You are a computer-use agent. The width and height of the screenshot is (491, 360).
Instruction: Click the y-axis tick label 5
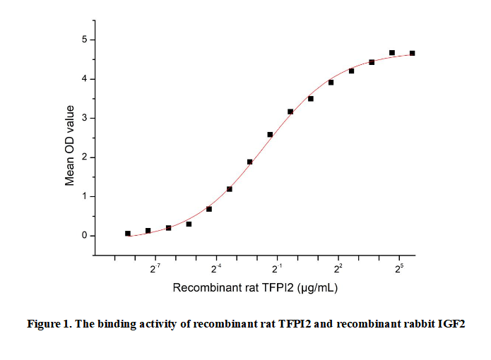tap(83, 40)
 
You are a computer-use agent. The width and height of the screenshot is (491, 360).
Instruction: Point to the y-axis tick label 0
tap(83, 236)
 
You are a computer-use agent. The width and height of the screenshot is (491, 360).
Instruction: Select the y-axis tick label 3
tap(83, 118)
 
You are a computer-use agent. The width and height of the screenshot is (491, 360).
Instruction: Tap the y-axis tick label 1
tap(83, 196)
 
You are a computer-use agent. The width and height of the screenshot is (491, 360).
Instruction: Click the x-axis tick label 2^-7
tap(155, 268)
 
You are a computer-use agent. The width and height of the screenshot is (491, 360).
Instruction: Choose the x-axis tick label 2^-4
tap(216, 268)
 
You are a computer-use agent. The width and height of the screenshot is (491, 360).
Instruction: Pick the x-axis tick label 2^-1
tap(278, 268)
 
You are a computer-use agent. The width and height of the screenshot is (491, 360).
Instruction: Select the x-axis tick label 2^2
tap(338, 268)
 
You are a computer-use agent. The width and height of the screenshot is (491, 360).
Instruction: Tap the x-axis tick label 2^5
tap(400, 268)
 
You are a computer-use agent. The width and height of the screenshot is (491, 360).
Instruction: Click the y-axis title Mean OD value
tap(70, 145)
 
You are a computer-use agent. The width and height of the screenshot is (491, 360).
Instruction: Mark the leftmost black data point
tap(128, 233)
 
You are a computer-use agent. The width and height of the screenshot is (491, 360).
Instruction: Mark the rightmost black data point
tap(412, 53)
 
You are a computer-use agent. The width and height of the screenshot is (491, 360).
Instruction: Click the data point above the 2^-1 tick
tap(270, 134)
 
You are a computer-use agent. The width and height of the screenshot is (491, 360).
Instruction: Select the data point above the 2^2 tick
tap(331, 82)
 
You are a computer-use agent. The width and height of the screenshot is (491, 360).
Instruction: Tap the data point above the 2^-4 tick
tap(209, 209)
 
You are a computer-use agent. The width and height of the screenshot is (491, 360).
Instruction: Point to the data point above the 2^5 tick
tap(392, 53)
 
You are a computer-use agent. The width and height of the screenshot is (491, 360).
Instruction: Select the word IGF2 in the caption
tap(451, 324)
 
